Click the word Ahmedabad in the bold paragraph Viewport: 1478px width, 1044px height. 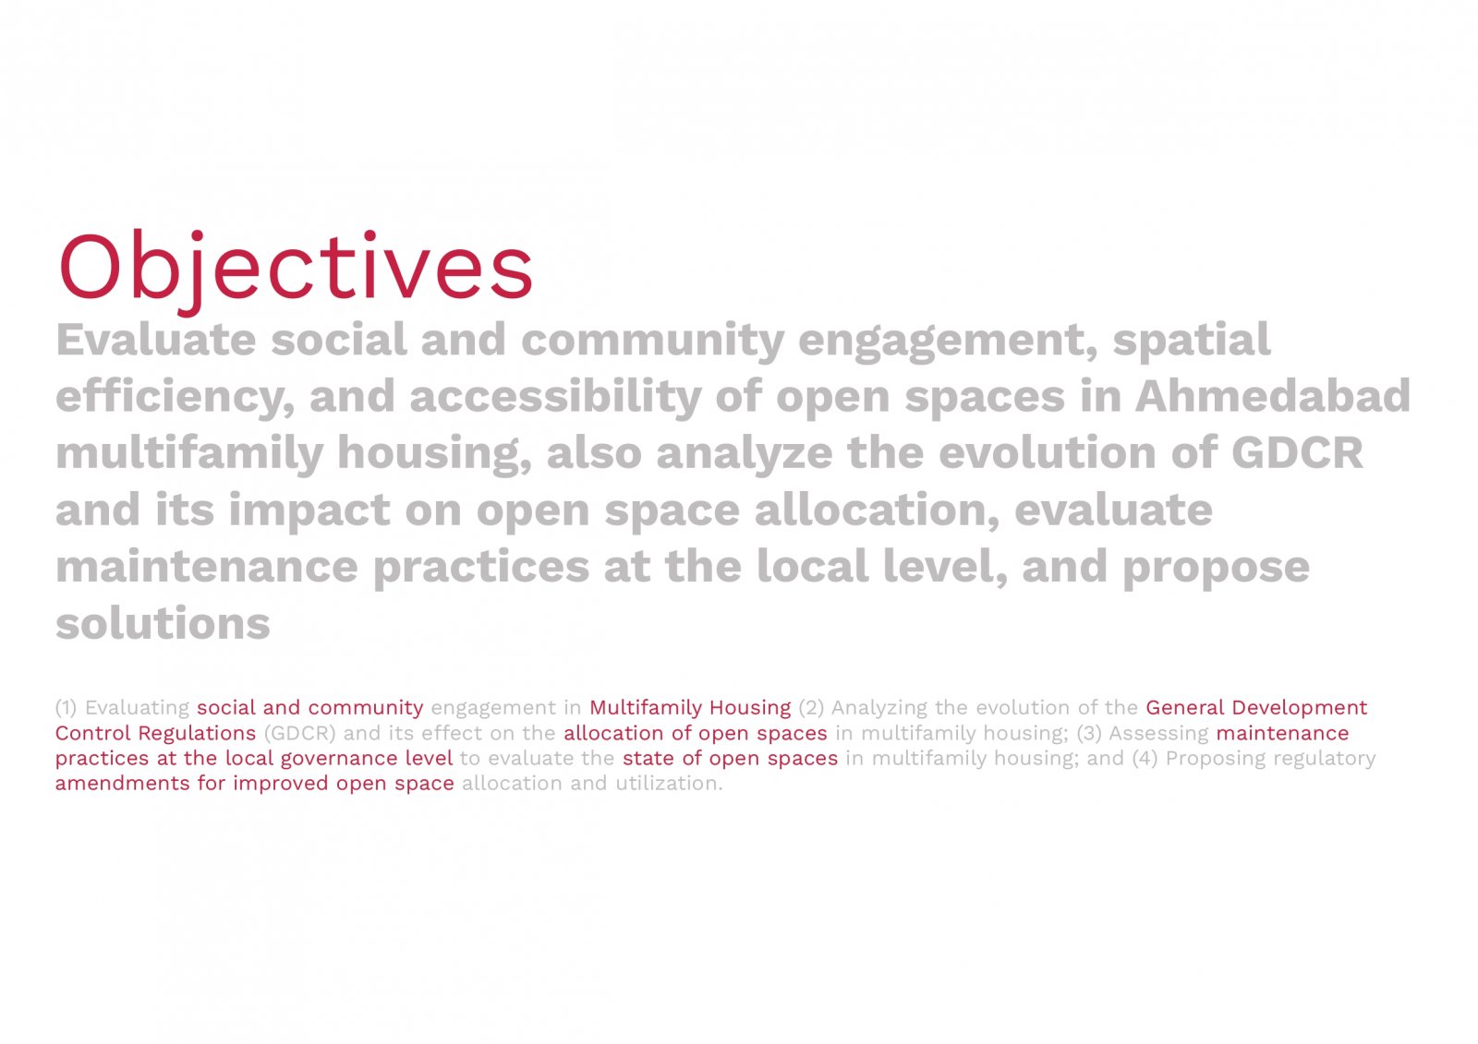pyautogui.click(x=1273, y=395)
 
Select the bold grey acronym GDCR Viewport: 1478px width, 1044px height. pyautogui.click(x=1297, y=452)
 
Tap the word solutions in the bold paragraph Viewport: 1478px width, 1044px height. pyautogui.click(x=163, y=623)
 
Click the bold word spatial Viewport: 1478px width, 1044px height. pyautogui.click(x=1191, y=341)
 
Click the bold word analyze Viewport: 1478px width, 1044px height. pyautogui.click(x=745, y=454)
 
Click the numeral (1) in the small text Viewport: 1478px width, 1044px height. pyautogui.click(x=66, y=708)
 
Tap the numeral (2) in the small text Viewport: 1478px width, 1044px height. pyautogui.click(x=811, y=708)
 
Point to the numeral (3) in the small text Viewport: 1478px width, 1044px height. pyautogui.click(x=1089, y=733)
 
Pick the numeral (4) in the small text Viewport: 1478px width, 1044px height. pyautogui.click(x=1145, y=759)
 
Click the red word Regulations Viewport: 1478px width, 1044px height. pyautogui.click(x=197, y=734)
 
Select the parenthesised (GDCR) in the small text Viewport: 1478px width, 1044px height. pyautogui.click(x=300, y=733)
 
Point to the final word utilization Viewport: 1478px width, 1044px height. pyautogui.click(x=669, y=784)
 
